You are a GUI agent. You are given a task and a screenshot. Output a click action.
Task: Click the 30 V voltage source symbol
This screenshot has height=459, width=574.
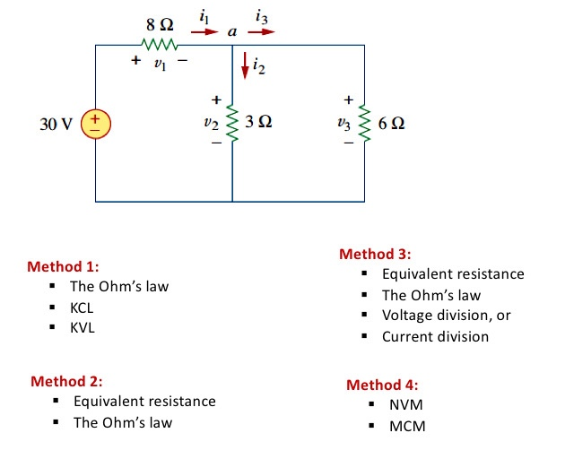[96, 123]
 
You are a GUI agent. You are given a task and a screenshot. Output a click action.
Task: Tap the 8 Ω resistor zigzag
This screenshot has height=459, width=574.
[162, 43]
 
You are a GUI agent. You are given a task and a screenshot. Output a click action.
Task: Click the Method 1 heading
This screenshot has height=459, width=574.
[63, 266]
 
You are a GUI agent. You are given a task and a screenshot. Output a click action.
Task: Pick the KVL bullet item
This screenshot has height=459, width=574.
[83, 328]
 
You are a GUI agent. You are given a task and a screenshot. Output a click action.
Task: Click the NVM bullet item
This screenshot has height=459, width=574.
[405, 405]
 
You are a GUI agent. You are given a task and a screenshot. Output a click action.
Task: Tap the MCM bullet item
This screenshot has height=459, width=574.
[407, 426]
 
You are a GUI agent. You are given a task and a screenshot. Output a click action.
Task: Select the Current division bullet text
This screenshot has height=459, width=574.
[435, 337]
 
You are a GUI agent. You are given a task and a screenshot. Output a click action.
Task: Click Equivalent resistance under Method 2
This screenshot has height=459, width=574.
[144, 401]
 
